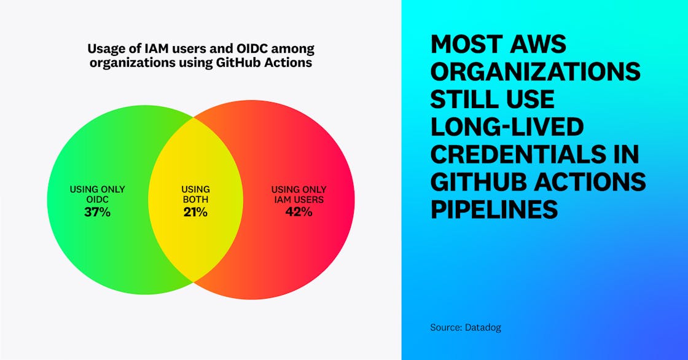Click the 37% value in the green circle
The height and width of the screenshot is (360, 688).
pos(97,213)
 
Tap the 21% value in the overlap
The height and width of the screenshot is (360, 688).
pos(195,213)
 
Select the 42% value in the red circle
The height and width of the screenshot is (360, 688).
pos(299,213)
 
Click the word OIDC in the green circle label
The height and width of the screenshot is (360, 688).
pos(97,199)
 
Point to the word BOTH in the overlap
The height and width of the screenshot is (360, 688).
pos(195,199)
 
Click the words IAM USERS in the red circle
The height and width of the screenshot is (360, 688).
pos(299,199)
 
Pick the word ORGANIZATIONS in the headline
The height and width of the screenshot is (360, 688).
pos(535,72)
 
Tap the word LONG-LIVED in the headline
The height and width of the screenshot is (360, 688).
pos(506,127)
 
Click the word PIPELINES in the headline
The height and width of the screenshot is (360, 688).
pos(494,209)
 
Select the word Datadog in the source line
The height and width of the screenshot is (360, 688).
pos(483,327)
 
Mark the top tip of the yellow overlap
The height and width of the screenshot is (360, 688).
pos(195,116)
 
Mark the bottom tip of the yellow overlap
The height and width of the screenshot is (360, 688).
pos(195,282)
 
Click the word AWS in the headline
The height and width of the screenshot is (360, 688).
pos(540,44)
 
